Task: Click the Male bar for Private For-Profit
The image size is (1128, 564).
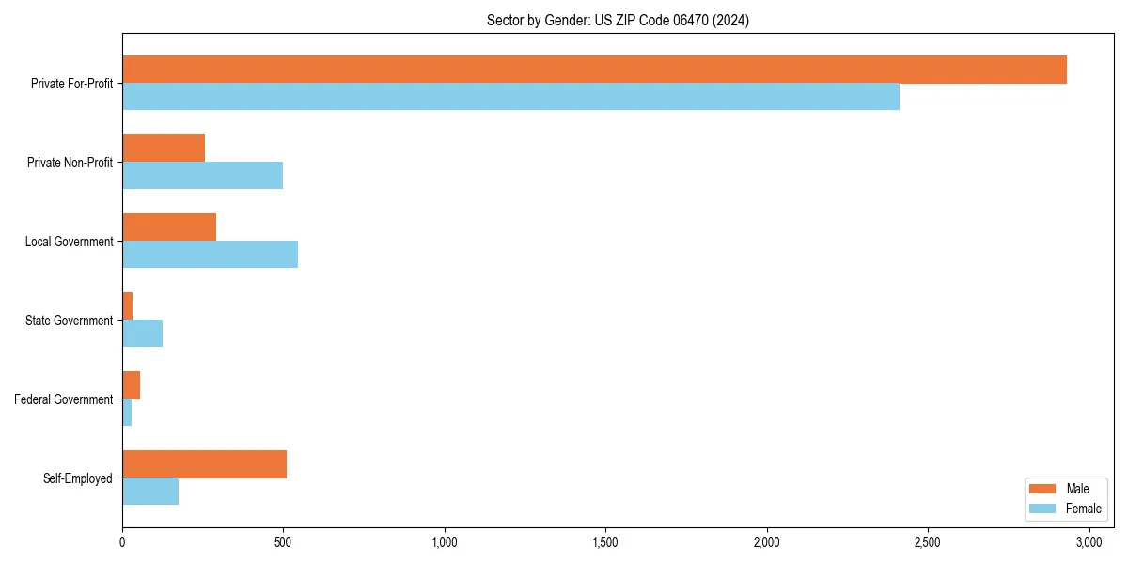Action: coord(594,70)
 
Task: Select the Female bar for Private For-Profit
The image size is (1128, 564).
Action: coord(510,97)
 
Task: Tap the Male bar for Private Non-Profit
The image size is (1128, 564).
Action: coord(164,149)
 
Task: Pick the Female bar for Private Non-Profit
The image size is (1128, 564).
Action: coord(202,176)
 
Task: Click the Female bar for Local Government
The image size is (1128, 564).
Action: coord(210,255)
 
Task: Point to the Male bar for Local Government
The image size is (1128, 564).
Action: coord(169,227)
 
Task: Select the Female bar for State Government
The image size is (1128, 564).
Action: coord(142,334)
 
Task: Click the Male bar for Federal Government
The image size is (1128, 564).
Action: coord(132,385)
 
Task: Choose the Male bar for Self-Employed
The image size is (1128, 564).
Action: coord(204,464)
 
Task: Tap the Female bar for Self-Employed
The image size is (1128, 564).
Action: coord(150,492)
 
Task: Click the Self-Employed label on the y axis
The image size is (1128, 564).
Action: coord(78,478)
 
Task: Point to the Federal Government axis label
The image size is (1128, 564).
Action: coord(64,399)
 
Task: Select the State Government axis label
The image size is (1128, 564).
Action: coord(70,321)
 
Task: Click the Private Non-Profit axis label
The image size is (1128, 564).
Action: coord(70,163)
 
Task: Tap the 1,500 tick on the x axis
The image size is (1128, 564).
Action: coord(605,542)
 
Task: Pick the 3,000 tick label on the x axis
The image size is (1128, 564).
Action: coord(1089,542)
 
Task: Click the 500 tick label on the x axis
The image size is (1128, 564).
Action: coord(283,542)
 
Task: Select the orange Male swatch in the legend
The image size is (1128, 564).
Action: coord(1043,489)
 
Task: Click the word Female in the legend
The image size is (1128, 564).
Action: coord(1083,509)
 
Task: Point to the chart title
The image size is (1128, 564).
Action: coord(618,20)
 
